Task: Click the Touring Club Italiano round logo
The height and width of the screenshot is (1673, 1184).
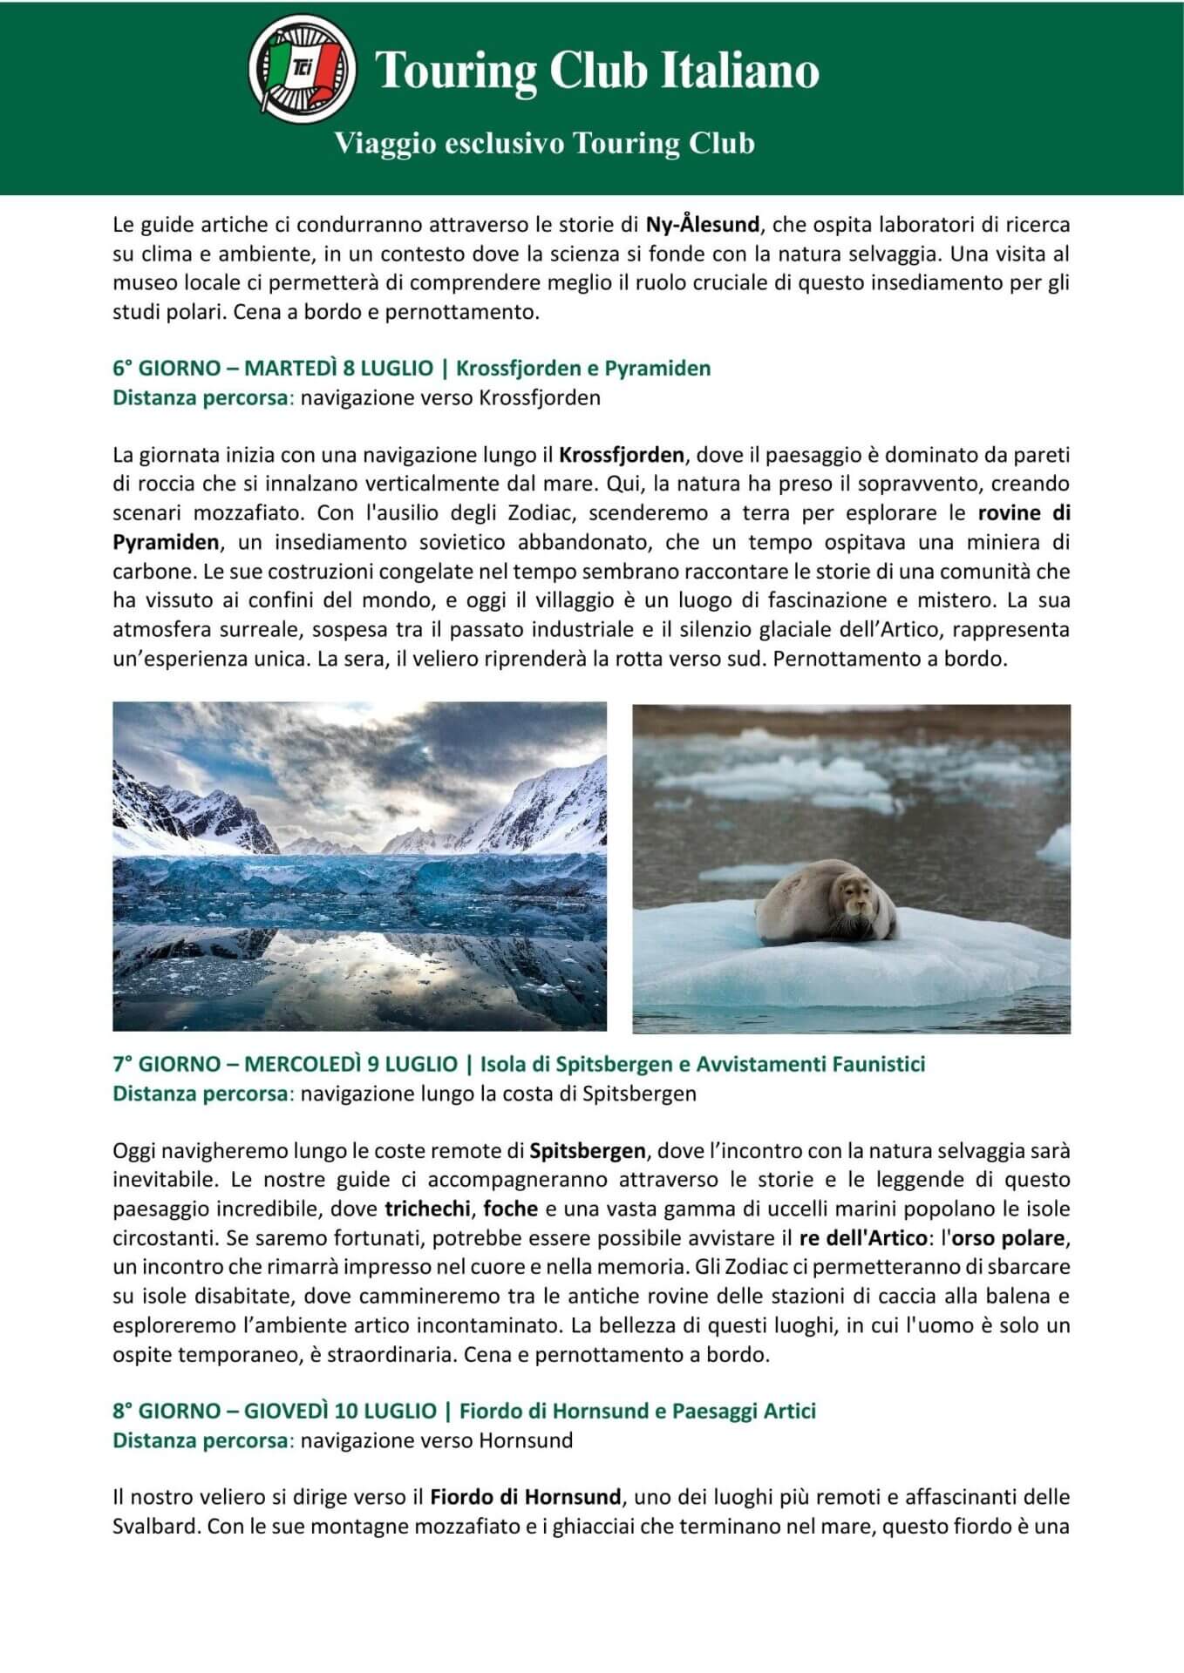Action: (x=301, y=69)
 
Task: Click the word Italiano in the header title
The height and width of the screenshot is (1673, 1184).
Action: (x=739, y=71)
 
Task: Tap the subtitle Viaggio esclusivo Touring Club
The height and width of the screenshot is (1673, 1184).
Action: (x=545, y=143)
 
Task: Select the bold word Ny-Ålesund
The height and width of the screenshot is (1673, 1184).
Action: (x=702, y=225)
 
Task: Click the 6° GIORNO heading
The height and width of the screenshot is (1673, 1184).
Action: (x=412, y=368)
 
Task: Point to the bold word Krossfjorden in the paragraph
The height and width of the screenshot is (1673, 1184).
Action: (x=622, y=455)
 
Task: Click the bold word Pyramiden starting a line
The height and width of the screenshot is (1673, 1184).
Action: (x=166, y=542)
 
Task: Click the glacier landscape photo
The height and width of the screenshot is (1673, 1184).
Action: (x=359, y=866)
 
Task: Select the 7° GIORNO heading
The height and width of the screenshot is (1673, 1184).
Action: (x=519, y=1064)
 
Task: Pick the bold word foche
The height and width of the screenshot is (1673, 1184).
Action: (x=510, y=1209)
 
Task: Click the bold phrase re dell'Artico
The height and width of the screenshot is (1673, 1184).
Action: (x=850, y=1238)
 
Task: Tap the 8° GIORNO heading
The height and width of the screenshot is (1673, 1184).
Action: (x=464, y=1411)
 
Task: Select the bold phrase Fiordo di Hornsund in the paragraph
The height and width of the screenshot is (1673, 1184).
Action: (x=526, y=1497)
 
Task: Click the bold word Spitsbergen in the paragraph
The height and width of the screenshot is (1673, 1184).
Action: (x=588, y=1151)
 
